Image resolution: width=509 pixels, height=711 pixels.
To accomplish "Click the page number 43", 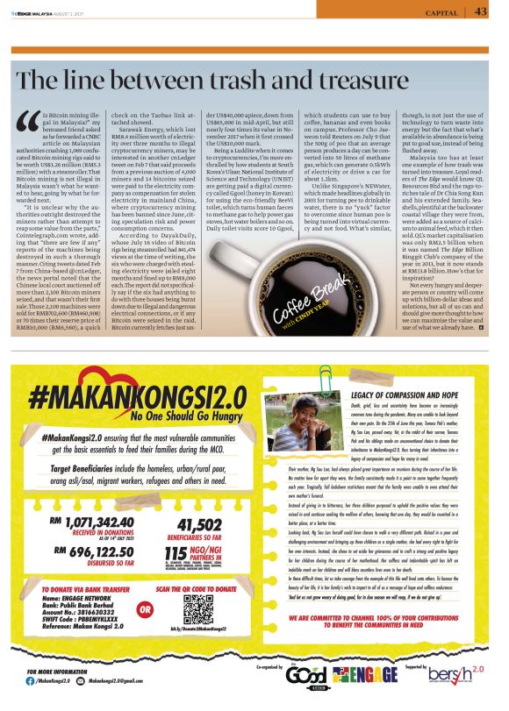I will (x=481, y=11).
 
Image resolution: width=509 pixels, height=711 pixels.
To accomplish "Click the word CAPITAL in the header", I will (x=441, y=12).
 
